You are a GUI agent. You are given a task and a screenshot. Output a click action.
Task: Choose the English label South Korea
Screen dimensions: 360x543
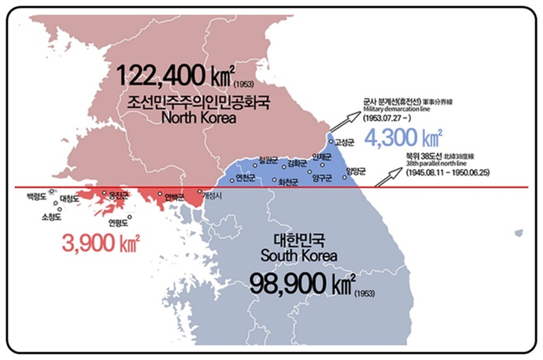tap(302, 255)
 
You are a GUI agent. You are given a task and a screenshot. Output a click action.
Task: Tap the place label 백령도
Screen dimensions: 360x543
tap(36, 197)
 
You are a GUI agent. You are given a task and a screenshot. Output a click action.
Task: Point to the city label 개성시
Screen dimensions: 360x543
tap(212, 199)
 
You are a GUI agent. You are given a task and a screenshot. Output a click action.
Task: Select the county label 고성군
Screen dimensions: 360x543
tap(342, 143)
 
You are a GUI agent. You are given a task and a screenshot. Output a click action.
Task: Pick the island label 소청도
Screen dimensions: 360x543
tap(50, 217)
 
